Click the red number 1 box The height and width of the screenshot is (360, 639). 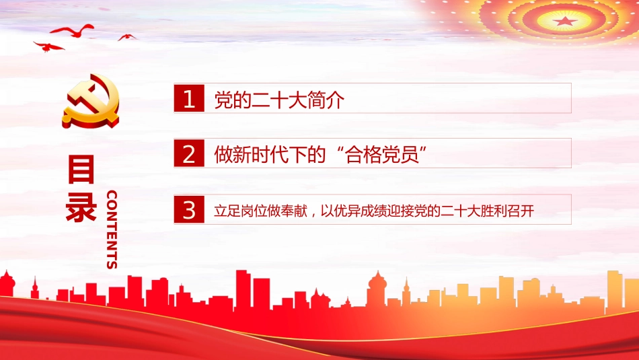189,98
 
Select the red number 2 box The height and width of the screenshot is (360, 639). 189,153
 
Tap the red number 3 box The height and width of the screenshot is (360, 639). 189,209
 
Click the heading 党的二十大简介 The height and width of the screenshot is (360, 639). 279,100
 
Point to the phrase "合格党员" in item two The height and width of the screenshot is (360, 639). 382,155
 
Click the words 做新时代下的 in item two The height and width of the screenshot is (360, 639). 270,155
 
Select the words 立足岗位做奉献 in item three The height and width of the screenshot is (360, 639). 260,211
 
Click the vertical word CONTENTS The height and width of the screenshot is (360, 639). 112,229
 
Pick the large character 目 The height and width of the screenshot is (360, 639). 81,169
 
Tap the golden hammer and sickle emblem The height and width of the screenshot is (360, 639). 91,101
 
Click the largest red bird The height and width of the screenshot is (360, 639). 73,31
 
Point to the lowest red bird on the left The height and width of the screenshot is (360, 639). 48,47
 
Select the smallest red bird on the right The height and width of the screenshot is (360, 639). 127,37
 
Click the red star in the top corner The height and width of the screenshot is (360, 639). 564,21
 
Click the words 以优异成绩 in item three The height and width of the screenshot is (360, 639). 354,211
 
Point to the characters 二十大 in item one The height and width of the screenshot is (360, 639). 279,100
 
